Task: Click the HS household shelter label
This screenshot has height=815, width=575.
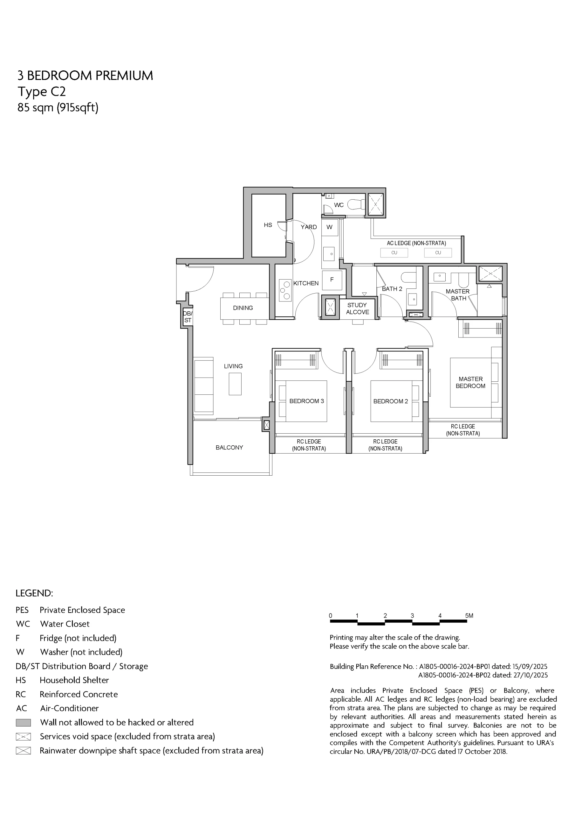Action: coord(268,225)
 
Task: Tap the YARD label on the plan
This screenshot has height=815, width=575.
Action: coord(309,227)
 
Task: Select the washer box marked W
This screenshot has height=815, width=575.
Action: coord(330,227)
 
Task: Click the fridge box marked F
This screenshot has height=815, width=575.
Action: coord(332,280)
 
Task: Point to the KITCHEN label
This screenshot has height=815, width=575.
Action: coord(306,283)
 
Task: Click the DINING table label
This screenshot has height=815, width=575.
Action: coord(243,308)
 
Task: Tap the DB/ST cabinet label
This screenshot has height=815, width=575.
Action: coord(188,317)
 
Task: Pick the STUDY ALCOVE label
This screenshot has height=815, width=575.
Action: coord(357,308)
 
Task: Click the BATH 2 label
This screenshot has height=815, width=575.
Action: coord(392,289)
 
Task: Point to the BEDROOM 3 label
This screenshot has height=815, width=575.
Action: coord(307,401)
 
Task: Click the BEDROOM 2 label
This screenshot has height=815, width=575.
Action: coord(391,401)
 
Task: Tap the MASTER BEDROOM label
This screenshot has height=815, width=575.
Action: coord(470,382)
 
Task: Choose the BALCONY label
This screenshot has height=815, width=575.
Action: coord(229,448)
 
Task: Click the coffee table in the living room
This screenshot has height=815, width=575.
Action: coord(235,384)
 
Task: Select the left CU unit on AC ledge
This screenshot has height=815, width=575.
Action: coord(394,253)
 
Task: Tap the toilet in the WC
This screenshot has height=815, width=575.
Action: coord(356,204)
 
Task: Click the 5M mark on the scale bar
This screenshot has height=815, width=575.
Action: coord(469,616)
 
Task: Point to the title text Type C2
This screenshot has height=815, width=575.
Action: coord(42,92)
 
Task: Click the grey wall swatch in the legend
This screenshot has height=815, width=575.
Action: coord(24,722)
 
